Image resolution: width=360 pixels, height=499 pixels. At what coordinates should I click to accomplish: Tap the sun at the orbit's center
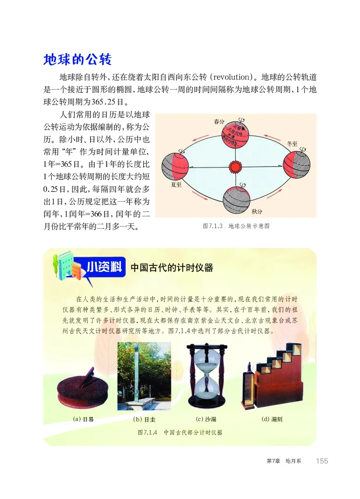(x=235, y=167)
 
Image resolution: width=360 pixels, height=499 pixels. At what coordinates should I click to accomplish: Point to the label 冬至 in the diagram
(x=292, y=144)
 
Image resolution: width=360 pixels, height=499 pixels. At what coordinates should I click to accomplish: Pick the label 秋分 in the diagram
(x=257, y=211)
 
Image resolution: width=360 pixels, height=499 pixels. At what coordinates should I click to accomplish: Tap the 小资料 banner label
(x=105, y=267)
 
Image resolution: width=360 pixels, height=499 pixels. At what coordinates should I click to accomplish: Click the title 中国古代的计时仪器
(x=171, y=268)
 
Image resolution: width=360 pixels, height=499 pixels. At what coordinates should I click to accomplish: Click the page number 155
(x=322, y=461)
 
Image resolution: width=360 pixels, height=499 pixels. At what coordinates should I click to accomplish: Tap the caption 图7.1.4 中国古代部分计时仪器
(x=180, y=432)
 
